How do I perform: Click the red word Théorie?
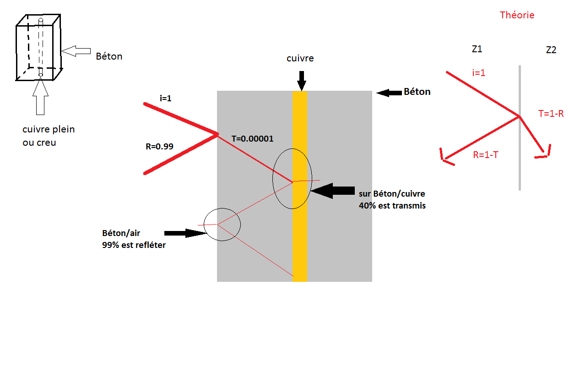click(x=517, y=15)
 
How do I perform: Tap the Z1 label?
click(x=477, y=49)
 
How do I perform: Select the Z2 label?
click(x=551, y=50)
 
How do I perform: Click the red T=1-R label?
click(x=551, y=114)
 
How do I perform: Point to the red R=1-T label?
click(x=485, y=155)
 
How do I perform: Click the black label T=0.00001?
click(x=253, y=138)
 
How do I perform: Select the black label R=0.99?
click(x=159, y=147)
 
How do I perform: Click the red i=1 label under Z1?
click(x=478, y=72)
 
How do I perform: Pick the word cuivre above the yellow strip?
click(x=301, y=59)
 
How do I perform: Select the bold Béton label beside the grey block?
click(x=417, y=92)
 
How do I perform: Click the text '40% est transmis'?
click(x=392, y=206)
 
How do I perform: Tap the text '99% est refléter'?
click(x=134, y=245)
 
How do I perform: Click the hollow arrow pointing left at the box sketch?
click(x=76, y=51)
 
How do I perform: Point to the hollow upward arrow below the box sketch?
click(x=40, y=97)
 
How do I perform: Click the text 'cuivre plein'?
click(x=49, y=130)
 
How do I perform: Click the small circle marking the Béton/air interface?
click(x=222, y=224)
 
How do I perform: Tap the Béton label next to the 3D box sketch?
click(x=109, y=57)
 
